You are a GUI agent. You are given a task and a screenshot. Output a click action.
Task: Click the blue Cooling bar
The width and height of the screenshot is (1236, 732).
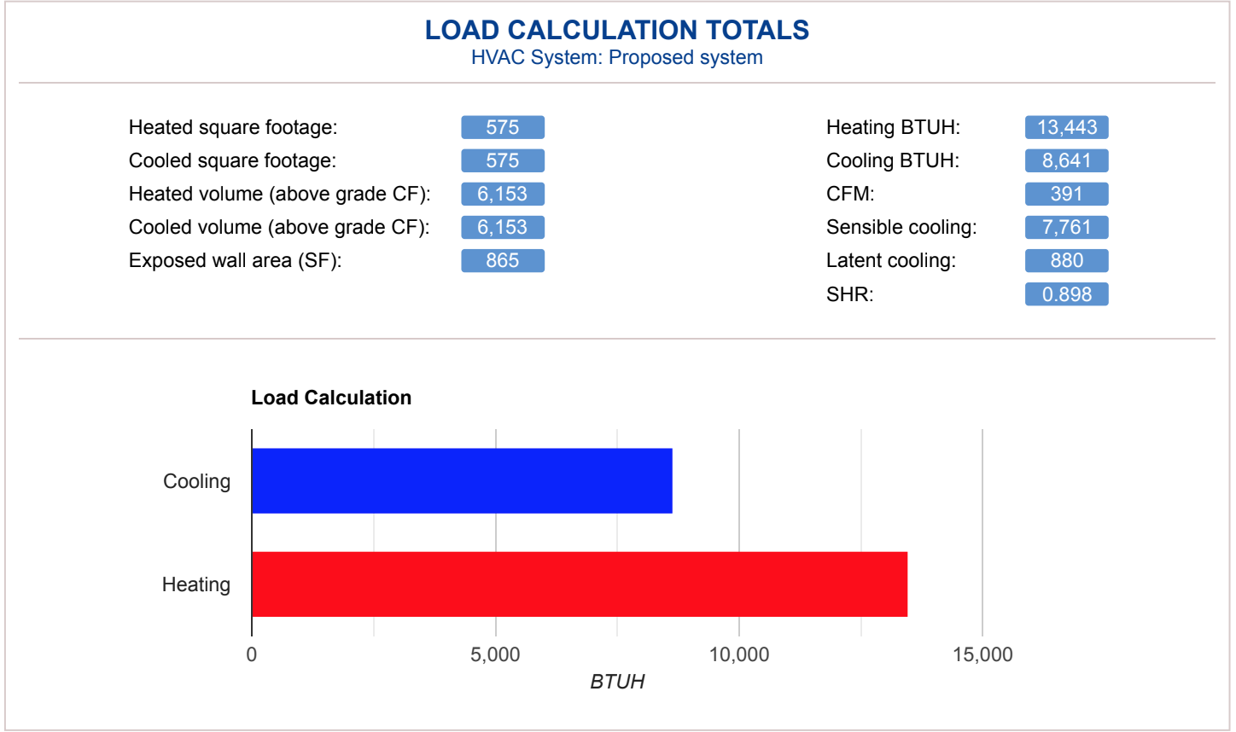pyautogui.click(x=462, y=480)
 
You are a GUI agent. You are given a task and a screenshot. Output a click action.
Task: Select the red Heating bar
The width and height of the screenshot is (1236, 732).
pyautogui.click(x=579, y=584)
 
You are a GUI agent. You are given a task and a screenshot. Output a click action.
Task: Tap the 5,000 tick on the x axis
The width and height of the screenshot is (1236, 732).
pyautogui.click(x=495, y=654)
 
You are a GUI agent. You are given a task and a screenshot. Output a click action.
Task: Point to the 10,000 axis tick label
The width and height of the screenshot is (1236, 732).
pyautogui.click(x=739, y=654)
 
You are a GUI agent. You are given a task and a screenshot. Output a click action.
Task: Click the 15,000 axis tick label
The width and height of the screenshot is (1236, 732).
pyautogui.click(x=982, y=654)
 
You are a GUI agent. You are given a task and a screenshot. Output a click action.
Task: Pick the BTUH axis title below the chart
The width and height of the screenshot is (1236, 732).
pyautogui.click(x=617, y=682)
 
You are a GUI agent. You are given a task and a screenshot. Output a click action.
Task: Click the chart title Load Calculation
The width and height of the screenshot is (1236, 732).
pyautogui.click(x=331, y=398)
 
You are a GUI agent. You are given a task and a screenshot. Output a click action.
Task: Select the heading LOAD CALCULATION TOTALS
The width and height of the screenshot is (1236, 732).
pyautogui.click(x=617, y=30)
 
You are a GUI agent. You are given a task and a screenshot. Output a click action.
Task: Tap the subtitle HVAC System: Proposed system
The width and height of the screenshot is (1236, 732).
pyautogui.click(x=617, y=58)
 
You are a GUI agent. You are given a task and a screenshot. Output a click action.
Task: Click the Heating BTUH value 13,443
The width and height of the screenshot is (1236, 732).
pyautogui.click(x=1066, y=127)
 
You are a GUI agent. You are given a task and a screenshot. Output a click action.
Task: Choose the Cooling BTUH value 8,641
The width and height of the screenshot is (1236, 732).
pyautogui.click(x=1066, y=160)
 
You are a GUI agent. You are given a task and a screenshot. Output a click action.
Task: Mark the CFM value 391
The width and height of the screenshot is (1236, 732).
pyautogui.click(x=1066, y=194)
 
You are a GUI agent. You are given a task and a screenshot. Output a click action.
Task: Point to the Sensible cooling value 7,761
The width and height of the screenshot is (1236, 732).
pyautogui.click(x=1066, y=227)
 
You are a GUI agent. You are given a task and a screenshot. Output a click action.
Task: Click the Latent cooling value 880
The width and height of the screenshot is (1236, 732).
pyautogui.click(x=1066, y=260)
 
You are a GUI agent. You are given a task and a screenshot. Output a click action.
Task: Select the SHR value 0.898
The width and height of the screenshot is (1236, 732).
pyautogui.click(x=1066, y=294)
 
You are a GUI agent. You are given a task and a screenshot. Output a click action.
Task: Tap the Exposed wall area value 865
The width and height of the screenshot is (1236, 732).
pyautogui.click(x=503, y=260)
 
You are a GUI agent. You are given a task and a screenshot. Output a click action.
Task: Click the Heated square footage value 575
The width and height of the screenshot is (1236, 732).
pyautogui.click(x=503, y=127)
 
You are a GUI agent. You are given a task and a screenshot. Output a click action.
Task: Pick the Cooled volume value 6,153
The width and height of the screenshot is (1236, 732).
pyautogui.click(x=503, y=227)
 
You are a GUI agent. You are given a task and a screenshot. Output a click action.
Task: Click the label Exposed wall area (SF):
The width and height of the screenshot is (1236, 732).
pyautogui.click(x=235, y=260)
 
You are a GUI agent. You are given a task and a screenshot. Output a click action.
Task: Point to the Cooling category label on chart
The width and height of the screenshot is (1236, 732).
pyautogui.click(x=197, y=481)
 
